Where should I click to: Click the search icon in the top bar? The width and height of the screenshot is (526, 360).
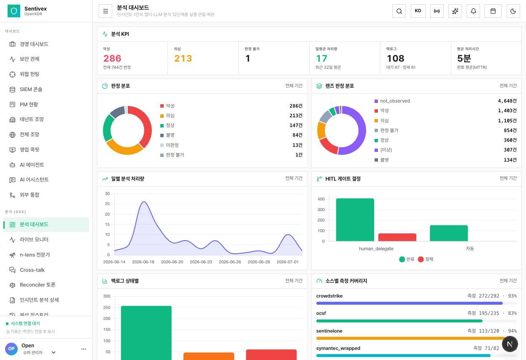(x=399, y=11)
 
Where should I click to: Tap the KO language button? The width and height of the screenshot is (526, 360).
(x=418, y=11)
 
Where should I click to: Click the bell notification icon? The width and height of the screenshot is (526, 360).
(x=473, y=11)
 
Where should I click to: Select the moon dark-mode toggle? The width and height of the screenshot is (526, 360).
(x=513, y=11)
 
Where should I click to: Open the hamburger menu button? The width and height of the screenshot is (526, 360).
(x=105, y=11)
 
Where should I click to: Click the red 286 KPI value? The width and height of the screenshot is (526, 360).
(x=112, y=58)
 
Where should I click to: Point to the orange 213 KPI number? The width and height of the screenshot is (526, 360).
(x=183, y=58)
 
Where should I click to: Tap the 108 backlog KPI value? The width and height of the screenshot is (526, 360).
(x=395, y=58)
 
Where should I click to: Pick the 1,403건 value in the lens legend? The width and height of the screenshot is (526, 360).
(x=507, y=111)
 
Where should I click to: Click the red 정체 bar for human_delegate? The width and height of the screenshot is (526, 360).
(x=397, y=237)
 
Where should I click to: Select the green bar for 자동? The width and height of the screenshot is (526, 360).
(x=449, y=233)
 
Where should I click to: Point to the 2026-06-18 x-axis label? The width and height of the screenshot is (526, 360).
(x=143, y=262)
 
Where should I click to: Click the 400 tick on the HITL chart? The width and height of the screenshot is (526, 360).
(x=321, y=199)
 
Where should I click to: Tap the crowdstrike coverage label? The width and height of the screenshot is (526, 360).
(x=329, y=296)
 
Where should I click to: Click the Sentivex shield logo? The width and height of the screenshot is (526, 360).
(x=14, y=11)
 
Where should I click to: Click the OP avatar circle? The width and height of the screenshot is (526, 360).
(x=11, y=349)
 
